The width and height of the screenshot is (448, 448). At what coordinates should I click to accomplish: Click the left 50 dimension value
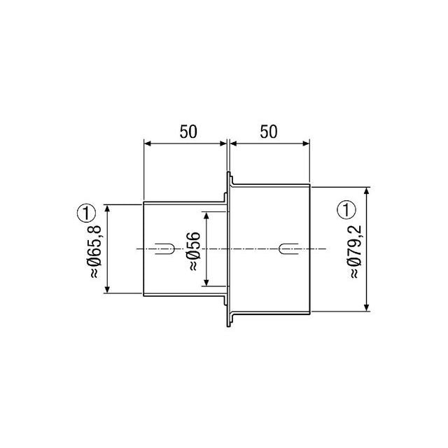click(x=188, y=132)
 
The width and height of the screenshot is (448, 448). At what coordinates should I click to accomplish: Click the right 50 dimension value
click(x=269, y=132)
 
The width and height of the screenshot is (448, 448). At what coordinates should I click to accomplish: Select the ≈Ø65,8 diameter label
click(x=95, y=251)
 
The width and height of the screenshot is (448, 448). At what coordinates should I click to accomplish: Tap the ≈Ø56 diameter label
click(x=195, y=251)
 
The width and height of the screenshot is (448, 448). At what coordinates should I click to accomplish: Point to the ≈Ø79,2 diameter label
click(x=356, y=252)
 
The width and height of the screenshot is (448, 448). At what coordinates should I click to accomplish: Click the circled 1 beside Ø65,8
click(x=86, y=213)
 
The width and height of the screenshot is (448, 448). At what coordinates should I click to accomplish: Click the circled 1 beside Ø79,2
click(x=346, y=210)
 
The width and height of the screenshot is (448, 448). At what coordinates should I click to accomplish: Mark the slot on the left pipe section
click(x=165, y=249)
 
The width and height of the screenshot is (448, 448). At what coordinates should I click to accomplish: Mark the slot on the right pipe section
click(x=288, y=249)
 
